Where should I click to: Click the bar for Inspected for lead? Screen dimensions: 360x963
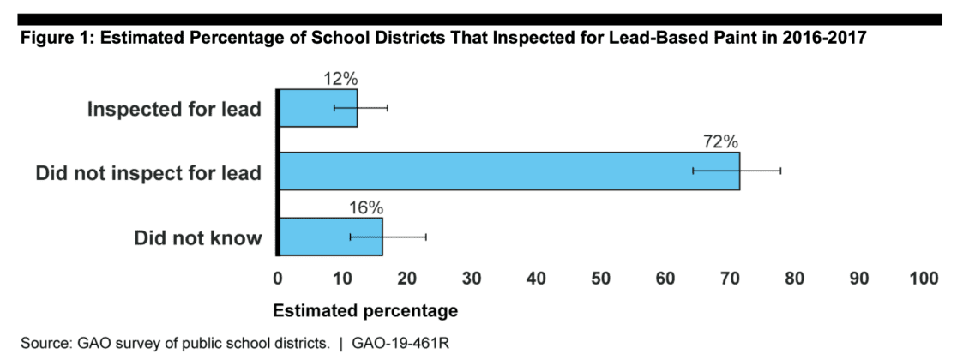318,108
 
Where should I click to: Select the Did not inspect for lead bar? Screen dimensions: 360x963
509,171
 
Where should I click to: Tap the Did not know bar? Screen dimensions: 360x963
331,236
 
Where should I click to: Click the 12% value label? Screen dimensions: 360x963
340,78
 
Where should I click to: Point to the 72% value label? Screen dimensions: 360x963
721,141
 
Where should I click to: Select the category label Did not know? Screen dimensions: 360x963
197,237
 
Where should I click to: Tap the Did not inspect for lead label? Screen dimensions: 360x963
148,173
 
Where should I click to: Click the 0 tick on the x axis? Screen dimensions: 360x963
278,278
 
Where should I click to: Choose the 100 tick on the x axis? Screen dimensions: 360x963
924,278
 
